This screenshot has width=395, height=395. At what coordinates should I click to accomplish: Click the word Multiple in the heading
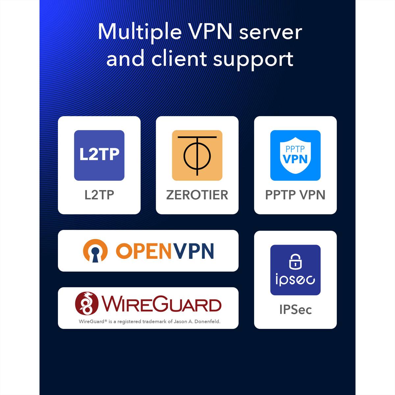click(x=140, y=32)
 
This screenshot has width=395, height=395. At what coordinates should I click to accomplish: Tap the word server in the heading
click(x=271, y=33)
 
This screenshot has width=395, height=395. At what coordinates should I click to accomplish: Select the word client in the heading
click(x=179, y=59)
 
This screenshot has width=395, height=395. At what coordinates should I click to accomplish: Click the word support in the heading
click(x=253, y=61)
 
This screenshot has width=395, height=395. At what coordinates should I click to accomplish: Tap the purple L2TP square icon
click(x=99, y=155)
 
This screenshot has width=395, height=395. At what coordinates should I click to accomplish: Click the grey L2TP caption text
click(x=99, y=195)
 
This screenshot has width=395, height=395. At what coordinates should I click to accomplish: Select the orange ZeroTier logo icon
click(x=197, y=155)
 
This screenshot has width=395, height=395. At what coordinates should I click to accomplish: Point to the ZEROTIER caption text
click(x=197, y=195)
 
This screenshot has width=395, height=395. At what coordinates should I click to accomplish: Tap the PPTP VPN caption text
click(x=295, y=195)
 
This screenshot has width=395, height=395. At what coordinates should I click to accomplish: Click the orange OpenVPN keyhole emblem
click(x=95, y=251)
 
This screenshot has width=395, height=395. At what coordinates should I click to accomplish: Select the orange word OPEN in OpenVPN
click(x=144, y=251)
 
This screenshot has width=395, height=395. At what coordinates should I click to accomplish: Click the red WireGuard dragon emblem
click(x=87, y=303)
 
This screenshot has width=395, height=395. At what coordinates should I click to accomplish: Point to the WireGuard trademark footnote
click(x=150, y=321)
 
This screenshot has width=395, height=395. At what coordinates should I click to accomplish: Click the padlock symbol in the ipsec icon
click(x=295, y=261)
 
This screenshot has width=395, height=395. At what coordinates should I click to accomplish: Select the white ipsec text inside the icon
click(x=295, y=279)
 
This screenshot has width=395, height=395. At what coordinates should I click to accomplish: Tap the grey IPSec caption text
click(x=295, y=309)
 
